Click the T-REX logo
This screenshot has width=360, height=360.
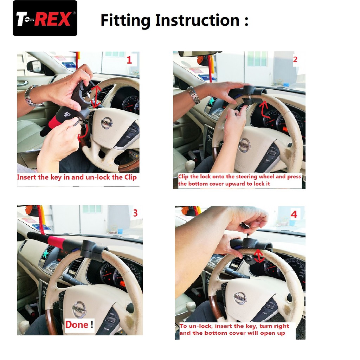point(45,18)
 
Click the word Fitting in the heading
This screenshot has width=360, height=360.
point(126,20)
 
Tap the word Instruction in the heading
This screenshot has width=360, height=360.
point(198,20)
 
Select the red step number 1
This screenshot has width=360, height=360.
point(129,60)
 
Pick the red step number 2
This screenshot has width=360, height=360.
point(295,60)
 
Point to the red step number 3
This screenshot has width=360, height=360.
point(135,213)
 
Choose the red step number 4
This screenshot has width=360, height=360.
point(294,214)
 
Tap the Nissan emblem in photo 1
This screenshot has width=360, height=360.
point(107,123)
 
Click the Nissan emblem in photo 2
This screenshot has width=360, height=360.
point(244,145)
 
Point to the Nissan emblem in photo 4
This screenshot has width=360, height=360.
point(240,298)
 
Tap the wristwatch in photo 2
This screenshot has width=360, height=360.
point(193,95)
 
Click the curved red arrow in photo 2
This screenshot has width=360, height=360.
point(264,110)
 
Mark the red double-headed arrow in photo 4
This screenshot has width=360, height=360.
point(259,256)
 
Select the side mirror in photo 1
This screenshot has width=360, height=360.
point(35,66)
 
